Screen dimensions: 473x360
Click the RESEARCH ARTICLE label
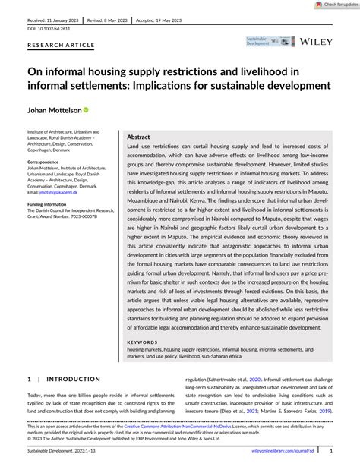(x=62, y=45)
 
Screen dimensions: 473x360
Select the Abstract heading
(x=138, y=137)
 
